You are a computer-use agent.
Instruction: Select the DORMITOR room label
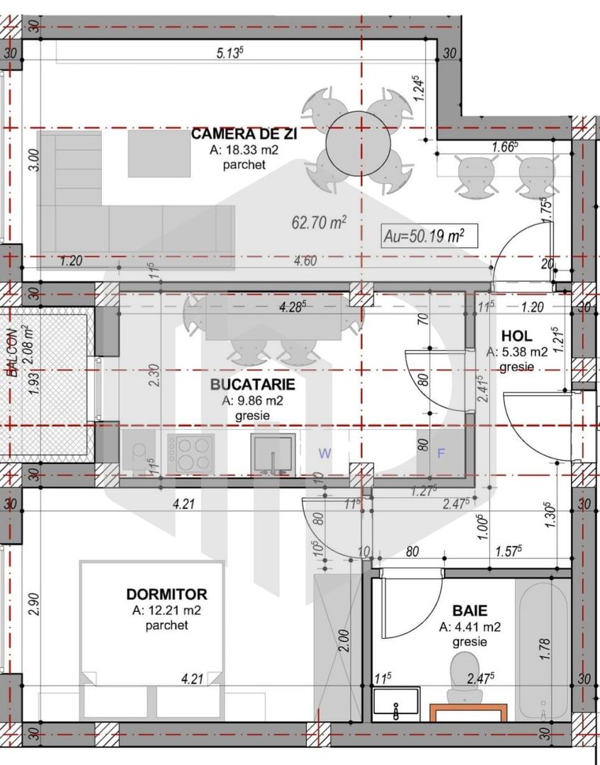[x=166, y=594]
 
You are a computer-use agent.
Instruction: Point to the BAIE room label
[x=470, y=610]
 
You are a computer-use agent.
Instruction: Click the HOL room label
[x=516, y=336]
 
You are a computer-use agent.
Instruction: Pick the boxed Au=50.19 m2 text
[x=429, y=235]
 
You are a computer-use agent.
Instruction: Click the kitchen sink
[x=273, y=453]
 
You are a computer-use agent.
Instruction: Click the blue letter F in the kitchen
[x=441, y=454]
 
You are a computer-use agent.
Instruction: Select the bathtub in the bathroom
[x=542, y=648]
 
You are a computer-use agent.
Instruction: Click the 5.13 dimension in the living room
[x=231, y=52]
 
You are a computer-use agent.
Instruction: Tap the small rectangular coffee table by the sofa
[x=159, y=154]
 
